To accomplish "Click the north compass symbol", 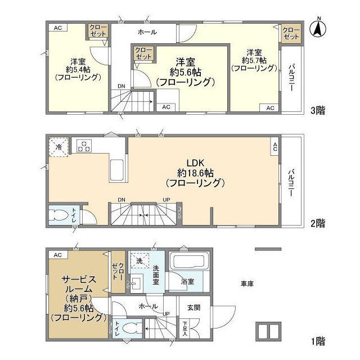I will (318, 28).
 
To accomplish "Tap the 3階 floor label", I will (316, 110).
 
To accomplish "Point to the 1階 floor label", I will (316, 341).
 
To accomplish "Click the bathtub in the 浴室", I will (189, 262).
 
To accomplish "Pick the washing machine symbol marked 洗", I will (139, 262).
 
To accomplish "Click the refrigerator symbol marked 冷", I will (59, 147).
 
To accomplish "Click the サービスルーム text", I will (78, 284).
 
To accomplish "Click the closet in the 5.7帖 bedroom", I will (291, 33).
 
